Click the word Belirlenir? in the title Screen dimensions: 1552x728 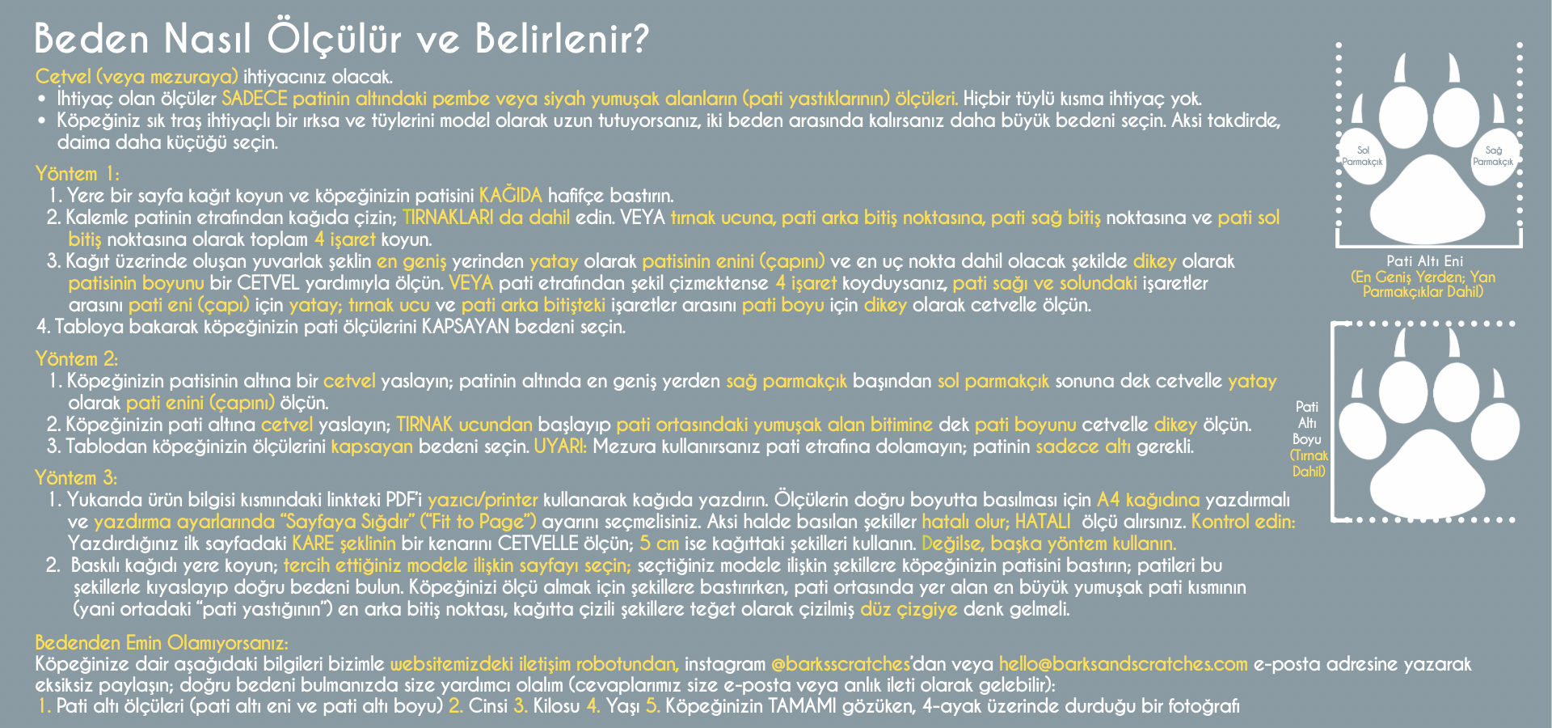pyautogui.click(x=562, y=38)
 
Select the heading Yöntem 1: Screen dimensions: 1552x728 pyautogui.click(x=77, y=173)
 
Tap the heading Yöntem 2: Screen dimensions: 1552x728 pyautogui.click(x=77, y=358)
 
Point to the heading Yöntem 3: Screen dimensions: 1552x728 pyautogui.click(x=77, y=477)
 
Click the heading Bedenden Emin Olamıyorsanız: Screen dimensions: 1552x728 pyautogui.click(x=162, y=642)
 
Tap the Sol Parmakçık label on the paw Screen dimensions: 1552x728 pyautogui.click(x=1363, y=156)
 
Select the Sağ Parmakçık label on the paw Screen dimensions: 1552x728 pyautogui.click(x=1493, y=156)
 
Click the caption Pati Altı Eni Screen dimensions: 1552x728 pyautogui.click(x=1424, y=260)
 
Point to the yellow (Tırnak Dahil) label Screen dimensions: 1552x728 pyautogui.click(x=1309, y=463)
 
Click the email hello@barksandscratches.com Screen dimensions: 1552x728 pyautogui.click(x=1123, y=664)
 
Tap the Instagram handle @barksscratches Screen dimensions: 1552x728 pyautogui.click(x=841, y=664)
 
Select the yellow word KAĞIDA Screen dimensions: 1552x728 pyautogui.click(x=511, y=195)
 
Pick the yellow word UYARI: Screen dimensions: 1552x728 pyautogui.click(x=560, y=446)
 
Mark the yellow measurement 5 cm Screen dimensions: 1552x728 pyautogui.click(x=660, y=543)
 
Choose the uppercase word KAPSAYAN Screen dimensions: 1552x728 pyautogui.click(x=466, y=327)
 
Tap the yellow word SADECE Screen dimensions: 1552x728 pyautogui.click(x=255, y=99)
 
